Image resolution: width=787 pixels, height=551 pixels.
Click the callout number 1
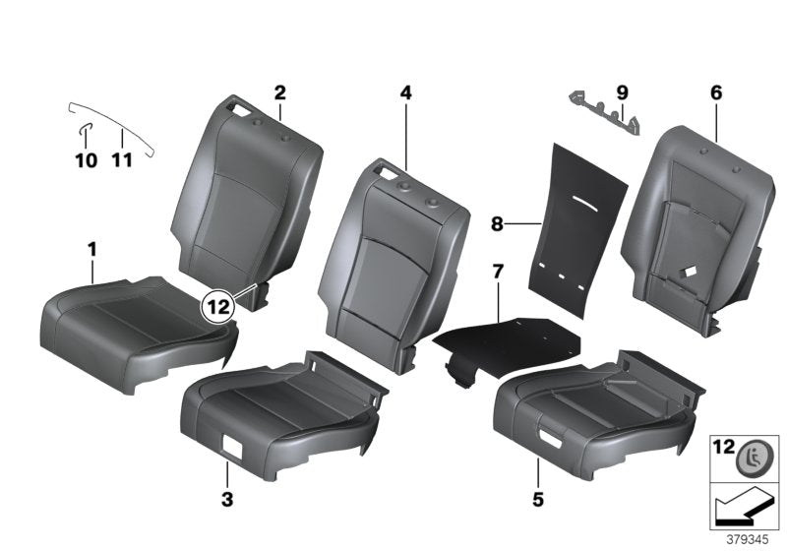(x=91, y=251)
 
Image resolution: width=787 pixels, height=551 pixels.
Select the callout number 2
(x=279, y=93)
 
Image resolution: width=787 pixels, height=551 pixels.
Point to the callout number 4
(x=405, y=93)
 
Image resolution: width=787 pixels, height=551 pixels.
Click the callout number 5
(x=537, y=500)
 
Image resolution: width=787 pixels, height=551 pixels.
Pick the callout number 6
(x=716, y=93)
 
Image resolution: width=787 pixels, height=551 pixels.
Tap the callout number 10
(x=87, y=160)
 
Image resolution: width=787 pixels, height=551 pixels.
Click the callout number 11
(x=122, y=160)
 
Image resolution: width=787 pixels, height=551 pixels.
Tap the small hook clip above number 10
(x=85, y=128)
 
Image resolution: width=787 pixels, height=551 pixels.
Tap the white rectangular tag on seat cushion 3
(x=236, y=445)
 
